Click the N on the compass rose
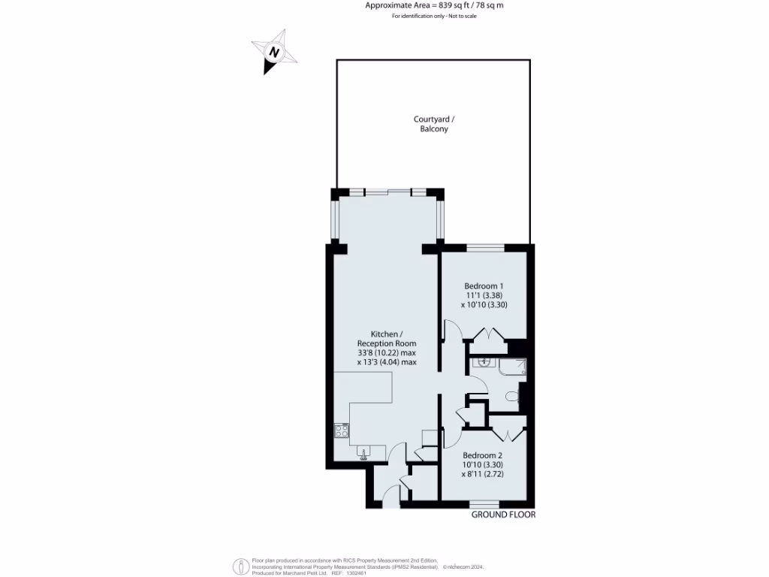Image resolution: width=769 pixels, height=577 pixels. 275,53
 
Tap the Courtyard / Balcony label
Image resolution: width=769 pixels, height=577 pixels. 433,124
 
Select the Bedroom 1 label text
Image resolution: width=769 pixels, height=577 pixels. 484,286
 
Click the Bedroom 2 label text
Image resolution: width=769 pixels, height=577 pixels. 482,455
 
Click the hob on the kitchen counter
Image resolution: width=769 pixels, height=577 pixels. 341,431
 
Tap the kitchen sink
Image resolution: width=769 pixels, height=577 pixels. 364,453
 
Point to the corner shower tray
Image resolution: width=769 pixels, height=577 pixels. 515,367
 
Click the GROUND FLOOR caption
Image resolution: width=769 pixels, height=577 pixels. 503,515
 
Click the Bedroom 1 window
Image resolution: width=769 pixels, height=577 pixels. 485,247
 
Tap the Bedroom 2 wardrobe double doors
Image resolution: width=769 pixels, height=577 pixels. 508,434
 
